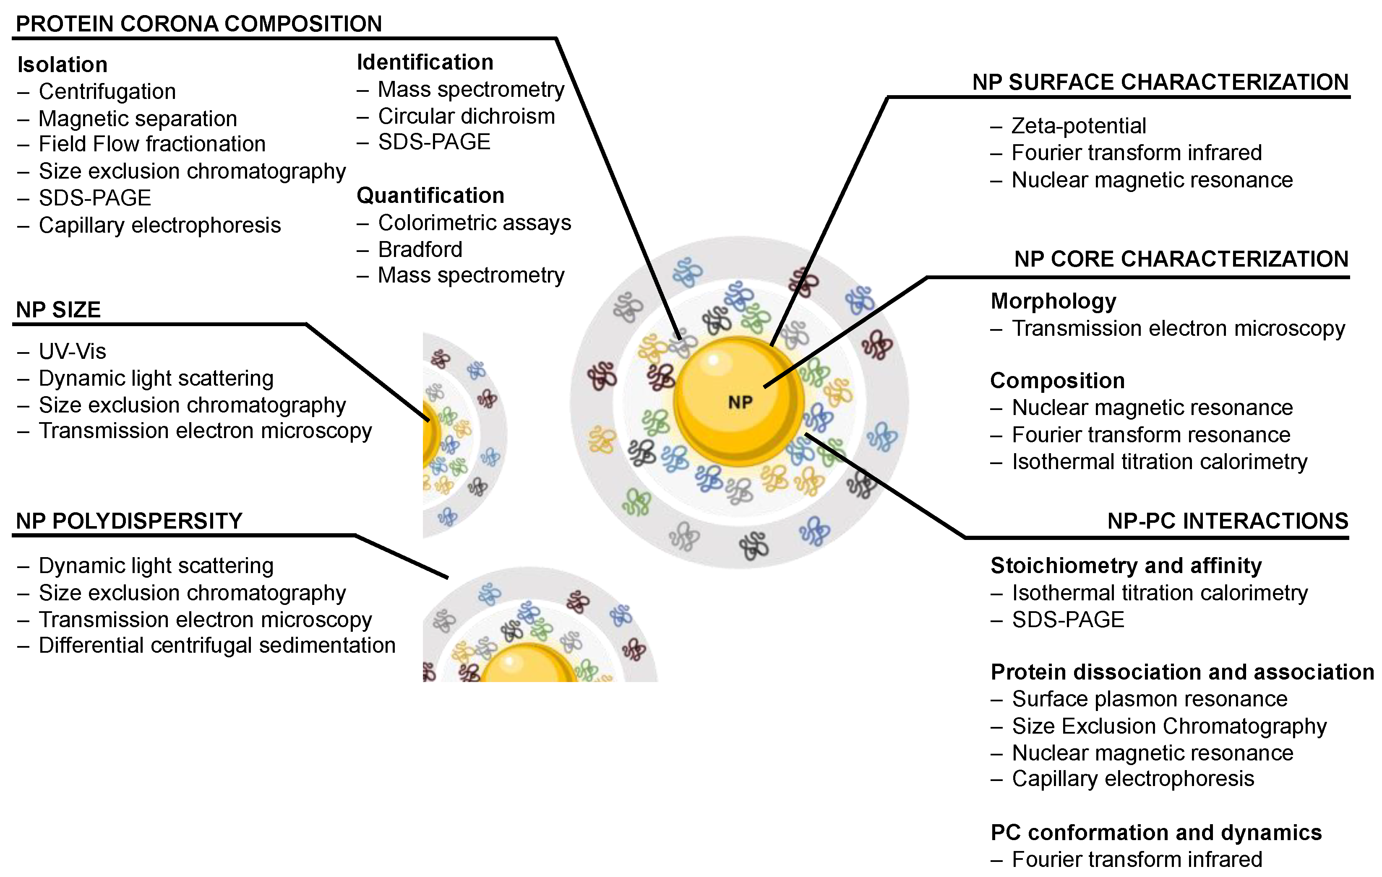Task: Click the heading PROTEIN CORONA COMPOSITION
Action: click(x=198, y=24)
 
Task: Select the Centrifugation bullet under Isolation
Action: click(x=107, y=92)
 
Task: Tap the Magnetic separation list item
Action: click(x=138, y=119)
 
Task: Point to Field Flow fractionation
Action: click(x=152, y=144)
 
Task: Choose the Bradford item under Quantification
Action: click(x=420, y=249)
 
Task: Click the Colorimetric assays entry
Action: click(x=475, y=223)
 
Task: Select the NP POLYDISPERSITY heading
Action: click(x=129, y=521)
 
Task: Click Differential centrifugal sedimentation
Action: click(x=217, y=645)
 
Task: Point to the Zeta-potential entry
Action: click(x=1078, y=126)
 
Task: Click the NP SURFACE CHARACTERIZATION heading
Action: click(x=1160, y=82)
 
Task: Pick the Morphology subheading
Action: click(x=1053, y=301)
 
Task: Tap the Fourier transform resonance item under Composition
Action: click(x=1151, y=435)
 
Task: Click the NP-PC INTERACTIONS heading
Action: click(x=1228, y=521)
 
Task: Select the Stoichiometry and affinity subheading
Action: click(x=1126, y=566)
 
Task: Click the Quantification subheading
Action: click(x=430, y=196)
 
